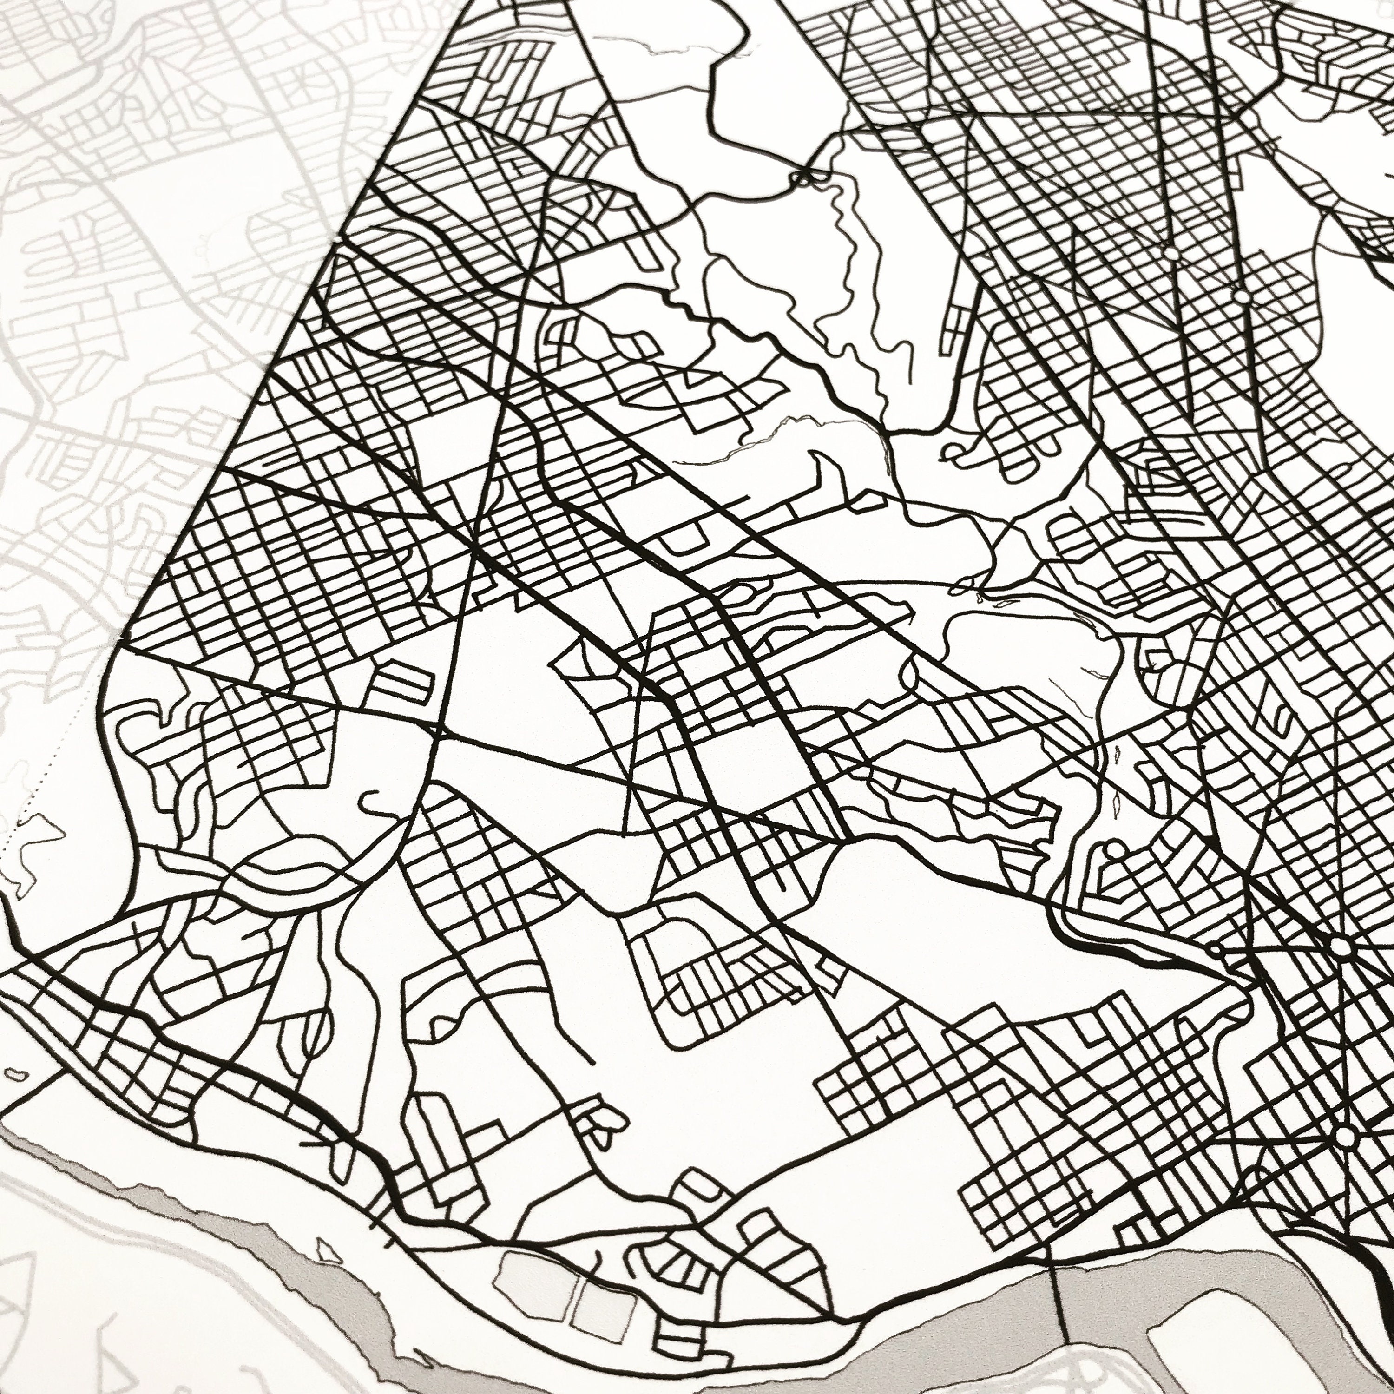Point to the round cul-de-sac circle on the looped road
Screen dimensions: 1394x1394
point(1115,851)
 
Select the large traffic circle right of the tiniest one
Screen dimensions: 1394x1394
point(1340,946)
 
